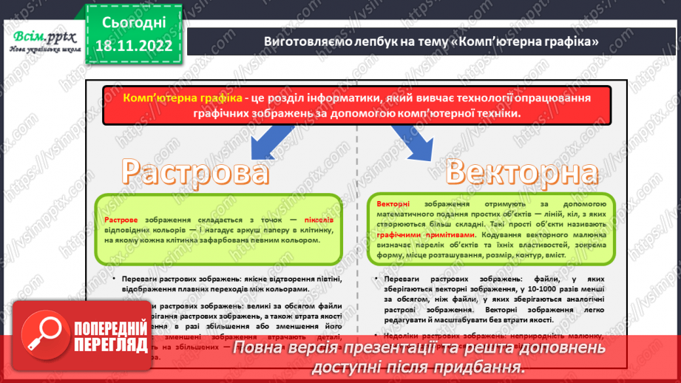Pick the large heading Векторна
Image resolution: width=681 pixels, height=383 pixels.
click(x=521, y=172)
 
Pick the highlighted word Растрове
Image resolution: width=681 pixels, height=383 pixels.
click(x=121, y=220)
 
